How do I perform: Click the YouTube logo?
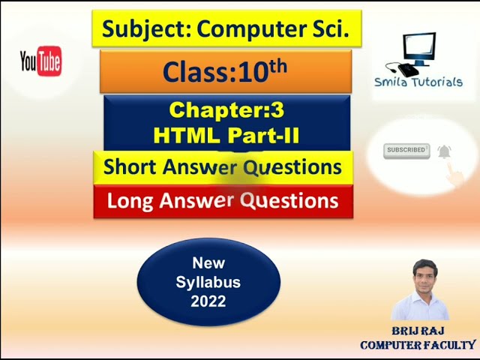pyautogui.click(x=40, y=61)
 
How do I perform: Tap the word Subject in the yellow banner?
pyautogui.click(x=136, y=28)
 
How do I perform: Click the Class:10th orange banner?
pyautogui.click(x=225, y=71)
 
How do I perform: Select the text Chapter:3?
pyautogui.click(x=226, y=110)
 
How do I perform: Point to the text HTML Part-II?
pyautogui.click(x=226, y=135)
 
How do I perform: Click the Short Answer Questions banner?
pyautogui.click(x=223, y=166)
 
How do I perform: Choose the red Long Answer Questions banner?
pyautogui.click(x=223, y=201)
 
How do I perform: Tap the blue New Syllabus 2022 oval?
pyautogui.click(x=208, y=282)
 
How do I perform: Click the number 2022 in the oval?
pyautogui.click(x=208, y=301)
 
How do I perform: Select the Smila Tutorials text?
pyautogui.click(x=418, y=82)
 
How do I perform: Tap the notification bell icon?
pyautogui.click(x=445, y=151)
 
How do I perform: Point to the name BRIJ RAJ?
pyautogui.click(x=418, y=331)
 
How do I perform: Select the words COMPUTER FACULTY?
pyautogui.click(x=418, y=345)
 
